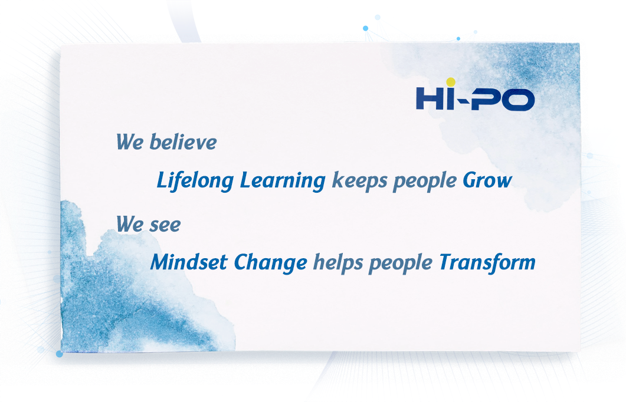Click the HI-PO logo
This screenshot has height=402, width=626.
point(475,98)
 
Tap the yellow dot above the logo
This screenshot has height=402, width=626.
point(451,82)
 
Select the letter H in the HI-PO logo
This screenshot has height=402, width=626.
point(429,98)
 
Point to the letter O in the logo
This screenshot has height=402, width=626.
point(521,99)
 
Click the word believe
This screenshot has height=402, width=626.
point(183,142)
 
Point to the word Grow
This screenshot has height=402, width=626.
point(486,180)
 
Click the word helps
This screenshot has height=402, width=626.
point(337,262)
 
